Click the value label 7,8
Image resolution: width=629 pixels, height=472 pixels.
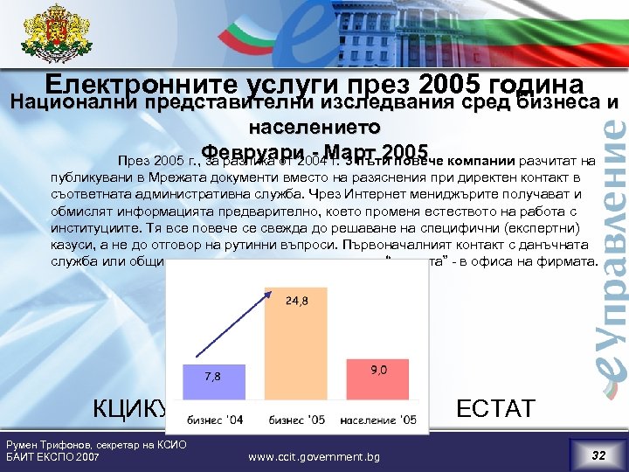[212, 377]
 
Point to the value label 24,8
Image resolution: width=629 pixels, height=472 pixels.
[297, 302]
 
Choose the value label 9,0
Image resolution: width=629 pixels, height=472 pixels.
[379, 370]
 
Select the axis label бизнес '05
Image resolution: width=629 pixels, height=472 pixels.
[297, 420]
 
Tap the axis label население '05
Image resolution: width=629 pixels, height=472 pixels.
[378, 420]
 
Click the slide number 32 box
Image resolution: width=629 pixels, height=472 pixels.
[597, 454]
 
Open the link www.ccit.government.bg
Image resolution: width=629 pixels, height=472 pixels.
[314, 456]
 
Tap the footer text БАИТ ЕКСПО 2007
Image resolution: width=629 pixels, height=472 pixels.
[52, 457]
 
